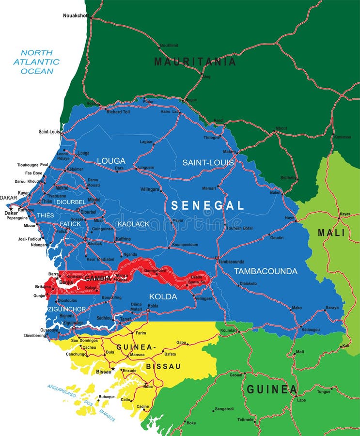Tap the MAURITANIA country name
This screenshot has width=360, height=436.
[195, 62]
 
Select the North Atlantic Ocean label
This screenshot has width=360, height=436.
[36, 62]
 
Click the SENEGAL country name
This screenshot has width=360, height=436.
[207, 205]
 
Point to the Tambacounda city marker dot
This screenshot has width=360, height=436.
[217, 257]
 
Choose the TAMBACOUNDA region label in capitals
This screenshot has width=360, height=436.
[266, 271]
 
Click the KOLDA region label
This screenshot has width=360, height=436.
[163, 296]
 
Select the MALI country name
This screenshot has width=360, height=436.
[331, 233]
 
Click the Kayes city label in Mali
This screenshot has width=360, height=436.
[344, 214]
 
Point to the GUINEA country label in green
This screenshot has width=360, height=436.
[272, 389]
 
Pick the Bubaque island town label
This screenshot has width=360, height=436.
[107, 397]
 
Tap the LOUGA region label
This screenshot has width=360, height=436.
[111, 161]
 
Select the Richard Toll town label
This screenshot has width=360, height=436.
[118, 112]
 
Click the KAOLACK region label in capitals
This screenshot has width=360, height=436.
[133, 224]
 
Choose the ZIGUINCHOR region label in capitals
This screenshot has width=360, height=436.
[67, 309]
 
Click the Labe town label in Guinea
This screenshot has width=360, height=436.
[301, 400]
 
